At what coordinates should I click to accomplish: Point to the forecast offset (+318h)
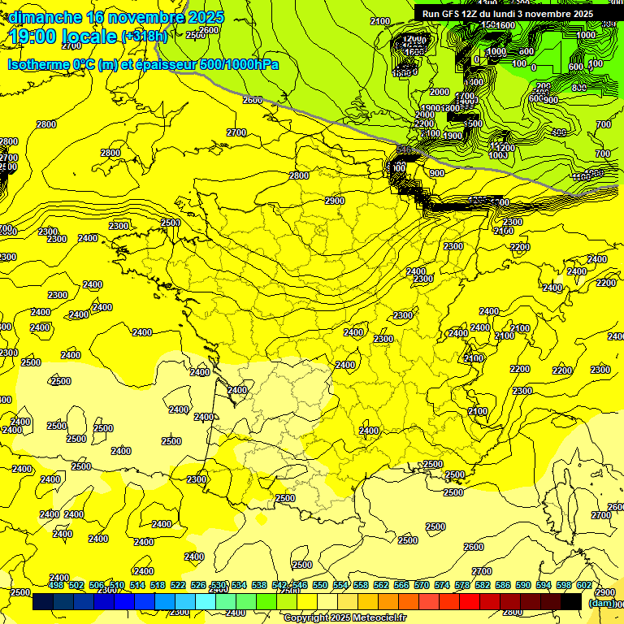click(145, 37)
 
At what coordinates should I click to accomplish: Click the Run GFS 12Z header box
click(507, 13)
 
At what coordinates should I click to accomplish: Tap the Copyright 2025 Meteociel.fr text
click(344, 618)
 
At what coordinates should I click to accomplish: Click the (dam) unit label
click(601, 603)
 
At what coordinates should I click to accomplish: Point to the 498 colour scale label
click(56, 585)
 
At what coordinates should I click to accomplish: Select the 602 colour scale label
click(584, 585)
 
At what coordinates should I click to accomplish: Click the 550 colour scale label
click(320, 585)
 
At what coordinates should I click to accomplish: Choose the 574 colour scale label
click(442, 585)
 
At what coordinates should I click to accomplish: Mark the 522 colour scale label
click(178, 585)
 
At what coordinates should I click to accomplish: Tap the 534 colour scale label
click(239, 585)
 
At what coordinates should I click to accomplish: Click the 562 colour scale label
click(381, 585)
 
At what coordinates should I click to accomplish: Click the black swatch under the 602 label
click(571, 602)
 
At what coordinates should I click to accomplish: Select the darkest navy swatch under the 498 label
click(43, 602)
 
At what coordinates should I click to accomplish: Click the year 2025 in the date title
click(206, 17)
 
